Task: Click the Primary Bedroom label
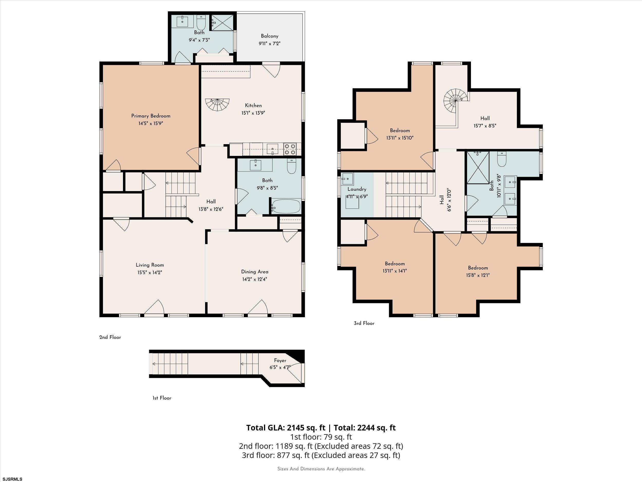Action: [151, 116]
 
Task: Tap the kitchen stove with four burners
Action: [289, 149]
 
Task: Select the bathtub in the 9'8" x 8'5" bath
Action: [286, 206]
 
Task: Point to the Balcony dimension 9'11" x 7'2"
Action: [269, 44]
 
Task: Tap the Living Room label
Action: [150, 265]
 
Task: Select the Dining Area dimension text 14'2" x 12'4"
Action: [254, 279]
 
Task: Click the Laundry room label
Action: [357, 189]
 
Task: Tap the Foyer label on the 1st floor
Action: [280, 361]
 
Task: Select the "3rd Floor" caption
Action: [364, 323]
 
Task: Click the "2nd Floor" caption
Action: [110, 337]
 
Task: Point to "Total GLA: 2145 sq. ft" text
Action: [286, 428]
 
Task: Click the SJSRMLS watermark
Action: [12, 479]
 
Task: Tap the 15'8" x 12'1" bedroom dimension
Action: [478, 275]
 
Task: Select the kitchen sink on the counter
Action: [272, 149]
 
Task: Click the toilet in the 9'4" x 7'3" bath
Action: [201, 21]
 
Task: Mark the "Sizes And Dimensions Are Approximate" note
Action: [321, 469]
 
